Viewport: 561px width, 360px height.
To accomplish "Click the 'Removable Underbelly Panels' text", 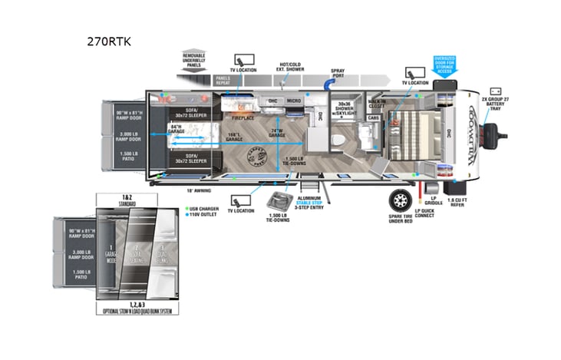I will pos(193,61).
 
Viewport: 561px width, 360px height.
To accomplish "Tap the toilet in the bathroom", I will pos(338,139).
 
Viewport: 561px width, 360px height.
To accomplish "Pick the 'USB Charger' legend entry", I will pos(203,208).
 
